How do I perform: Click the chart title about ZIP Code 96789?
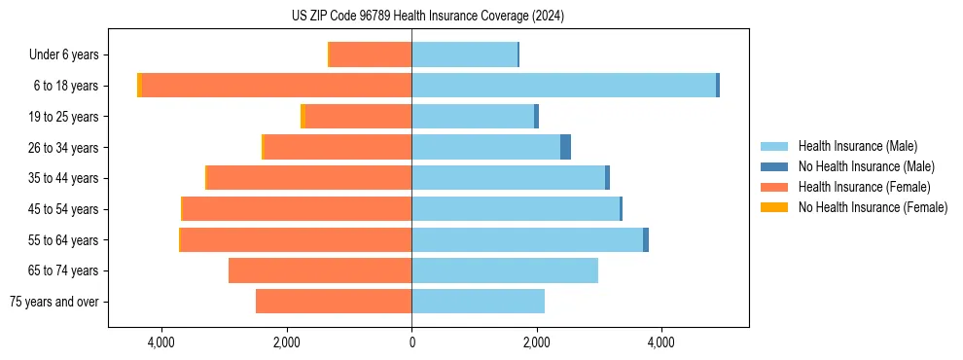pyautogui.click(x=428, y=17)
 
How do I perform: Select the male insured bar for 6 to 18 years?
pyautogui.click(x=564, y=86)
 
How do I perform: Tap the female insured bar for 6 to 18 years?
pyautogui.click(x=277, y=86)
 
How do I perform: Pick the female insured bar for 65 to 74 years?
pyautogui.click(x=320, y=270)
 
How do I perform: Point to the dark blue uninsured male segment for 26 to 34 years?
pyautogui.click(x=565, y=147)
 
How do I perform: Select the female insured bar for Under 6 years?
pyautogui.click(x=371, y=54)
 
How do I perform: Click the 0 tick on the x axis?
pyautogui.click(x=411, y=343)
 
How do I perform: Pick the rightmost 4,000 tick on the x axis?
pyautogui.click(x=661, y=343)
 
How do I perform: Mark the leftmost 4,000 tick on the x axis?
pyautogui.click(x=161, y=343)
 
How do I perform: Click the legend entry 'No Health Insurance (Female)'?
pyautogui.click(x=873, y=207)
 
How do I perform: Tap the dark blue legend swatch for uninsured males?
pyautogui.click(x=774, y=166)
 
